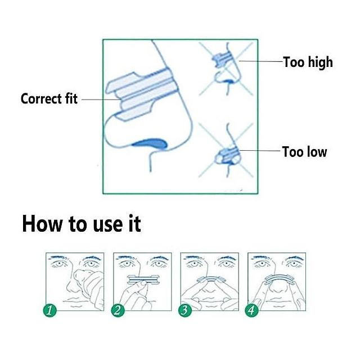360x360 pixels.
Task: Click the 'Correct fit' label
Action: [x=49, y=99]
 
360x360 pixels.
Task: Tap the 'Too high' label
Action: [x=308, y=62]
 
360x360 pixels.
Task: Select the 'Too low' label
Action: [x=304, y=152]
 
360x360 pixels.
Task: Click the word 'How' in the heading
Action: [x=42, y=224]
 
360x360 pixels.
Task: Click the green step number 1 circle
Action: [x=50, y=310]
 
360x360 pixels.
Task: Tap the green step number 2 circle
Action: [x=118, y=310]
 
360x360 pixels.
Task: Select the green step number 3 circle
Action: [x=185, y=310]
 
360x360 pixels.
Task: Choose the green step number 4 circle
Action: [x=252, y=310]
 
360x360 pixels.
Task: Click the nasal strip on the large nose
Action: [x=142, y=94]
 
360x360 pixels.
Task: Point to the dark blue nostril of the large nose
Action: [x=150, y=144]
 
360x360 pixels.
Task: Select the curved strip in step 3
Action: [x=209, y=278]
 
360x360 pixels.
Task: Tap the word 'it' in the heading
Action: [x=134, y=223]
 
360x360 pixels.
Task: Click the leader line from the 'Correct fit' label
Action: [x=101, y=100]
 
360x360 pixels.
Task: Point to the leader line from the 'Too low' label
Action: [x=260, y=151]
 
